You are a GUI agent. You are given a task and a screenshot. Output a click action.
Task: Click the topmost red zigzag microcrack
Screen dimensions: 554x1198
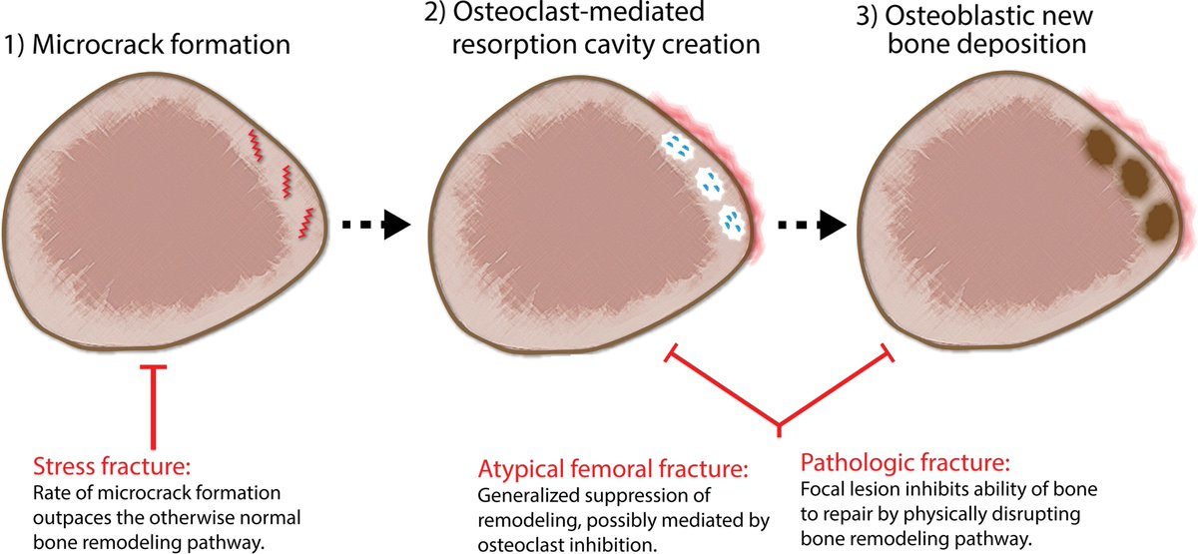tap(257, 144)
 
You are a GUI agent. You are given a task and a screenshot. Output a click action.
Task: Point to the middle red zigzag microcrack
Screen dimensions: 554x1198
tap(286, 181)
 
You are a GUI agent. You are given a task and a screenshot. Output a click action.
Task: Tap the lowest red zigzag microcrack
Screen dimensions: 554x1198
tap(305, 222)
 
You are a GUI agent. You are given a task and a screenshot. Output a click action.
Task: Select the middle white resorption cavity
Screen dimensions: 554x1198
tap(711, 184)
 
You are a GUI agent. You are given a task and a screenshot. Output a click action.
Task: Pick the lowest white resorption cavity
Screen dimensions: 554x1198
tap(731, 222)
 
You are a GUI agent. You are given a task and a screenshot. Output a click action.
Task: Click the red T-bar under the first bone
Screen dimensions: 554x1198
tap(153, 399)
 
